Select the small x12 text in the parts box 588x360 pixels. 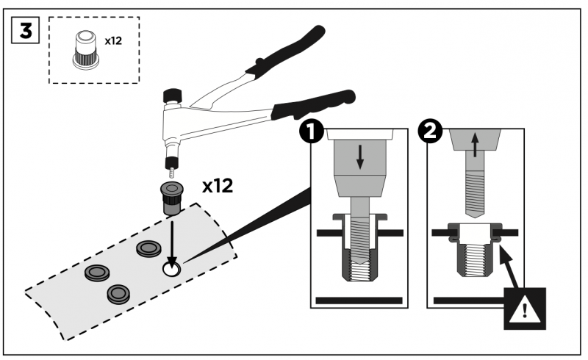click(112, 41)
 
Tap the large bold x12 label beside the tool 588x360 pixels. click(218, 185)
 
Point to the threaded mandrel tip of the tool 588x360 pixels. click(171, 170)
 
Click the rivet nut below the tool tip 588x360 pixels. click(171, 198)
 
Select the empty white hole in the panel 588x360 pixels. click(171, 270)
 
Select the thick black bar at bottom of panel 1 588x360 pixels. click(359, 300)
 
